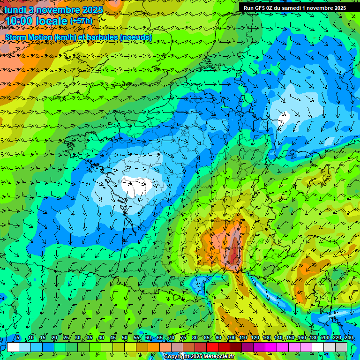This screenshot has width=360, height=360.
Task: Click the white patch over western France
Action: click(x=137, y=186)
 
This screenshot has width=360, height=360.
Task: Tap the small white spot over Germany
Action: click(x=284, y=116)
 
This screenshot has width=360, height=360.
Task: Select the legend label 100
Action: click(x=231, y=337)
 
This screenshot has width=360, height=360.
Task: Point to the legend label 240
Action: click(x=348, y=337)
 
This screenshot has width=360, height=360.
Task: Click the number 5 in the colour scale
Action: click(x=18, y=337)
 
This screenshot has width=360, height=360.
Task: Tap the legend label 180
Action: click(x=313, y=337)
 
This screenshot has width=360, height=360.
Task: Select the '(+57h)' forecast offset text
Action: click(x=81, y=21)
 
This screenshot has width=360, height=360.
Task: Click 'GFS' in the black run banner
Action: click(x=261, y=8)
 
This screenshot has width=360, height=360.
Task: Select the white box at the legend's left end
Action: click(x=13, y=347)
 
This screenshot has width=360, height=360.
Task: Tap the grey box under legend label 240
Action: click(x=341, y=347)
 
